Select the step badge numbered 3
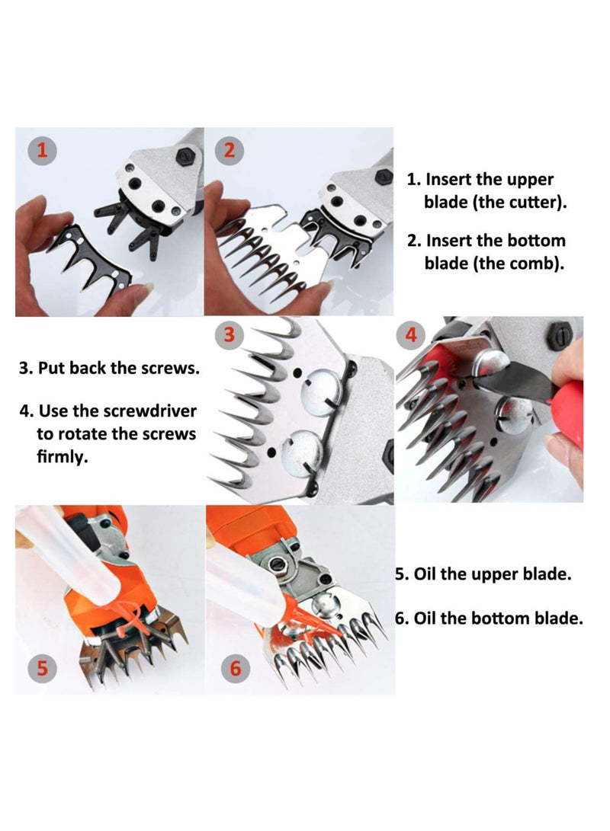pos(230,334)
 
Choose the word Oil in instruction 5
pos(423,574)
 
